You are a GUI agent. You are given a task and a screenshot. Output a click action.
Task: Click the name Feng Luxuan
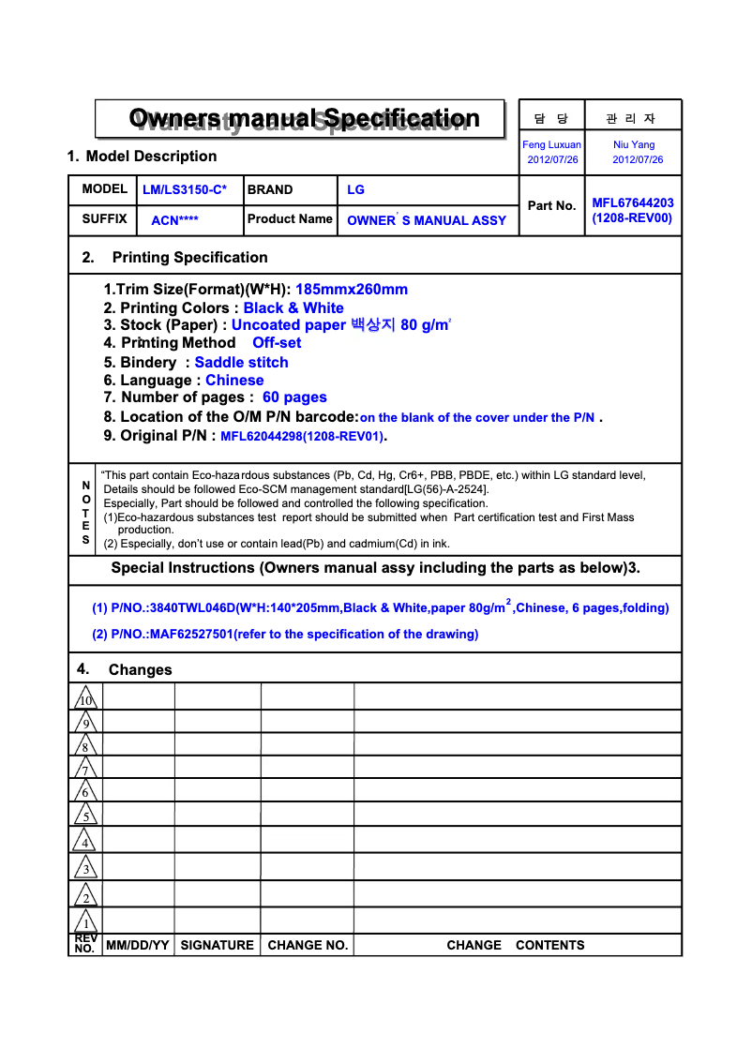pyautogui.click(x=551, y=144)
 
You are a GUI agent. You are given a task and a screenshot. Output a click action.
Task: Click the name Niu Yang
pyautogui.click(x=634, y=144)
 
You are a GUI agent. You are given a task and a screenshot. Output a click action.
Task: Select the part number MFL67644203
pyautogui.click(x=632, y=202)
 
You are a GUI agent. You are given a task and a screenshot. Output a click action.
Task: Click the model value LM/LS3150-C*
pyautogui.click(x=185, y=190)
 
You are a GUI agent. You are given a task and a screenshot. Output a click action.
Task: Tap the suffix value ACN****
pyautogui.click(x=174, y=221)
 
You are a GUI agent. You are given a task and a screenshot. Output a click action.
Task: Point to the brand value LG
pyautogui.click(x=355, y=190)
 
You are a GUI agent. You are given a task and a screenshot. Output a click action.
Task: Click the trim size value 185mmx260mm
pyautogui.click(x=352, y=290)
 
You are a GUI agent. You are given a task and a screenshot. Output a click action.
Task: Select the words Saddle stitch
pyautogui.click(x=241, y=363)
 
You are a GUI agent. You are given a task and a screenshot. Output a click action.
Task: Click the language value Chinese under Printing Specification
pyautogui.click(x=234, y=381)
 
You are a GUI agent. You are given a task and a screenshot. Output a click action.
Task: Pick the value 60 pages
pyautogui.click(x=294, y=397)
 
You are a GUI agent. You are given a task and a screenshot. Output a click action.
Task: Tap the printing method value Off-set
pyautogui.click(x=277, y=343)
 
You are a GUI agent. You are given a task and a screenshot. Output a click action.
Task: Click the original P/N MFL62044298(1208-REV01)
pyautogui.click(x=302, y=436)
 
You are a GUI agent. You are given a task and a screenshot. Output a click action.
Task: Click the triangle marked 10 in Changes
pyautogui.click(x=85, y=698)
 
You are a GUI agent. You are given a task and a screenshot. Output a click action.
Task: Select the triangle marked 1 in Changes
pyautogui.click(x=85, y=921)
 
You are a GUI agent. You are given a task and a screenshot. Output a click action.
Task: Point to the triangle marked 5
pyautogui.click(x=85, y=816)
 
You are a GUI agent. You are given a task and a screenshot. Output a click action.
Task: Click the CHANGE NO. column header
pyautogui.click(x=308, y=946)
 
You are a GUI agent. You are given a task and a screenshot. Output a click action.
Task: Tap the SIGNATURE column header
pyautogui.click(x=217, y=946)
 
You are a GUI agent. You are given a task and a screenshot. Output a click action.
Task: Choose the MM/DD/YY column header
pyautogui.click(x=137, y=946)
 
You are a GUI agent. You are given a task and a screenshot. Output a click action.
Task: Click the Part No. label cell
pyautogui.click(x=551, y=205)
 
